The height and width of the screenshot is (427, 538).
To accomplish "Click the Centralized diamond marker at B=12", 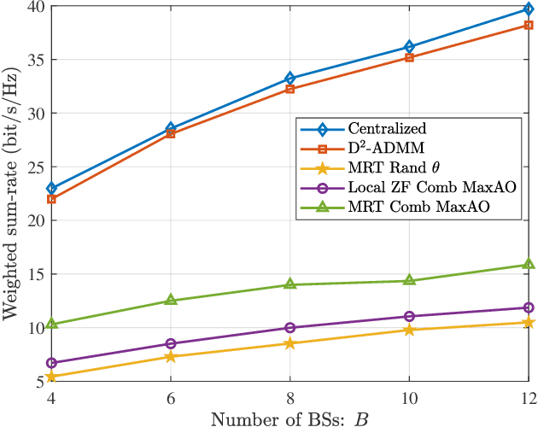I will (x=529, y=9).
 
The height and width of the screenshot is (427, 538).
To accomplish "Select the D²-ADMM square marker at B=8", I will (x=290, y=89).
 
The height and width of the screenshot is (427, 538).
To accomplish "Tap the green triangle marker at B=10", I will (x=409, y=280).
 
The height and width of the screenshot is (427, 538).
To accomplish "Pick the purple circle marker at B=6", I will (x=171, y=344).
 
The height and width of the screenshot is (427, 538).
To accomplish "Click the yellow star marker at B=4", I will (x=51, y=377).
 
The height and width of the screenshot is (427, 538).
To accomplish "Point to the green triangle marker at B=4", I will (x=51, y=324).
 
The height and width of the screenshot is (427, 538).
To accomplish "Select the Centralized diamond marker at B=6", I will (x=171, y=128).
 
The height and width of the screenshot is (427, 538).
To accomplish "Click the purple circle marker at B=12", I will (x=529, y=307).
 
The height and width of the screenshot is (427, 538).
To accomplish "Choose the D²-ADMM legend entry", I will (x=380, y=149).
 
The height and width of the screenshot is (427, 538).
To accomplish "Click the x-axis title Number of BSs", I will (x=290, y=418).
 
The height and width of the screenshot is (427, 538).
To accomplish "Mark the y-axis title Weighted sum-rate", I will (x=11, y=194).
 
